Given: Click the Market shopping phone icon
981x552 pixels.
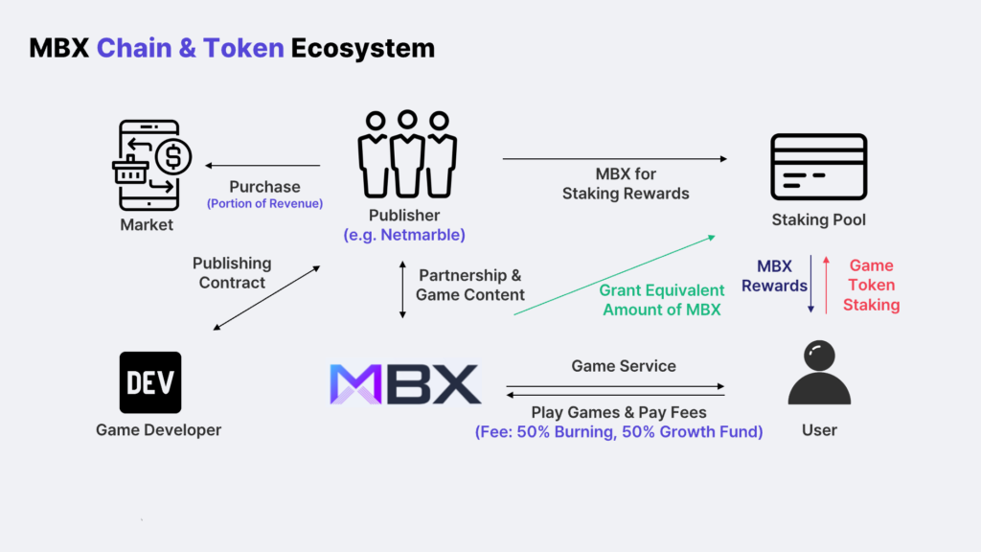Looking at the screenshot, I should click(151, 165).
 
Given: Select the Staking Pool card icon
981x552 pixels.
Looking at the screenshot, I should click(818, 167).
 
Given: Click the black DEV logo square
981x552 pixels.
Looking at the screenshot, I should click(150, 382).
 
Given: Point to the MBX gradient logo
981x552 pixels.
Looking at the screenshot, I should click(405, 383).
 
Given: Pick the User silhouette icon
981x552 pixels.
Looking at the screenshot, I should click(818, 377).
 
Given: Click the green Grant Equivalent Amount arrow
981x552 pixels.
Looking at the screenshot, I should click(613, 274).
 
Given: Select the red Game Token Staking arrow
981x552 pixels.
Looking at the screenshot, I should click(825, 284).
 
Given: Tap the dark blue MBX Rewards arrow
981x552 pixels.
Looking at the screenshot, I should click(810, 284).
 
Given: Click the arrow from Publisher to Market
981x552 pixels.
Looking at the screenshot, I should click(262, 165).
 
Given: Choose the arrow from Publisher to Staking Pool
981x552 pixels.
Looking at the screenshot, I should click(614, 159).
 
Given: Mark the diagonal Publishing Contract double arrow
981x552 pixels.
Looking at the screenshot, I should click(267, 298).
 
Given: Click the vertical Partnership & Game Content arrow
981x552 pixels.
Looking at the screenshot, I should click(402, 287).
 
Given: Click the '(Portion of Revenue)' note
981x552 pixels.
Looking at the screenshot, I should click(264, 203).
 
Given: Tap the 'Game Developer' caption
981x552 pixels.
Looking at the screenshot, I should click(158, 430).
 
